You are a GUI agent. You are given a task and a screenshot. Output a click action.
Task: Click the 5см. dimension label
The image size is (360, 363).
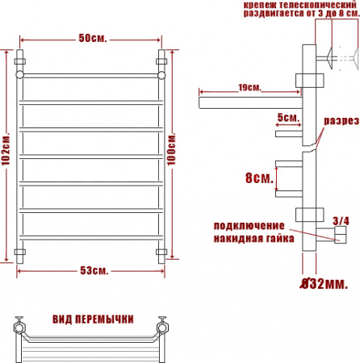(287, 118)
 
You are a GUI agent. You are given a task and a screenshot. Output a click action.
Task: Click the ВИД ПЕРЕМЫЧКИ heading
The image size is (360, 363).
(91, 319)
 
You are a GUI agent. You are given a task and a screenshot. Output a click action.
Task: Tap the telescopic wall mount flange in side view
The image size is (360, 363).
(330, 57)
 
